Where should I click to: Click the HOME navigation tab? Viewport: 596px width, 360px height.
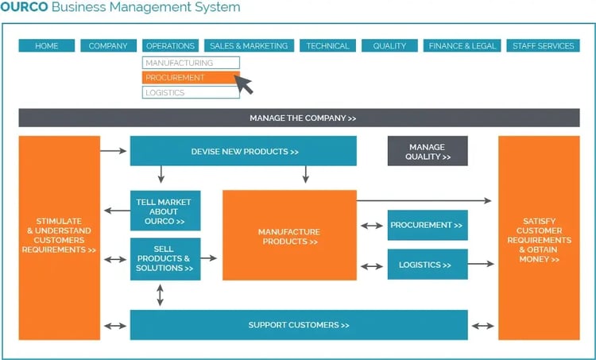click(x=47, y=46)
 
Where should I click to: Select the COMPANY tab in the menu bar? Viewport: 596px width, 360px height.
click(x=108, y=46)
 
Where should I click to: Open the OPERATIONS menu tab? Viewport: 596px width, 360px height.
click(x=170, y=46)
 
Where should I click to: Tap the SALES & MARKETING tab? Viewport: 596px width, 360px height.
click(x=249, y=46)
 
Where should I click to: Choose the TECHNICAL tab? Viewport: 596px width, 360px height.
click(x=327, y=46)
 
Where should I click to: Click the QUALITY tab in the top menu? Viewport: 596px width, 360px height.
click(x=389, y=46)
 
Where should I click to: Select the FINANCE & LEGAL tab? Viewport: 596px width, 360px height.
click(x=462, y=46)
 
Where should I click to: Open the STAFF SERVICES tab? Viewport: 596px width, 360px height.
click(x=544, y=46)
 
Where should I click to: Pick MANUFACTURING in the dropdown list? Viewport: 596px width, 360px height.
click(x=191, y=63)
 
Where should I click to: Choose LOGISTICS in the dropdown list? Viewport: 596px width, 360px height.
click(x=191, y=93)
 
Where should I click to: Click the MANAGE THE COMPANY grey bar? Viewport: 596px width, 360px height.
click(x=303, y=118)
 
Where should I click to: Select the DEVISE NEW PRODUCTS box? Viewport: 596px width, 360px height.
click(x=243, y=151)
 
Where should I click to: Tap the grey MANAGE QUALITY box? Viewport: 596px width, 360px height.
click(x=428, y=152)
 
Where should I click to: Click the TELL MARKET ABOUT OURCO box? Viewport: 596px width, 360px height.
click(x=165, y=211)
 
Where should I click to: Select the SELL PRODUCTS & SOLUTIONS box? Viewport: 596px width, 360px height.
click(x=165, y=259)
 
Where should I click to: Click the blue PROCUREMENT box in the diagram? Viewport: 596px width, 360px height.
click(x=428, y=226)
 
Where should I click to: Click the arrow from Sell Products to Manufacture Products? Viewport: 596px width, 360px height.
click(x=211, y=258)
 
